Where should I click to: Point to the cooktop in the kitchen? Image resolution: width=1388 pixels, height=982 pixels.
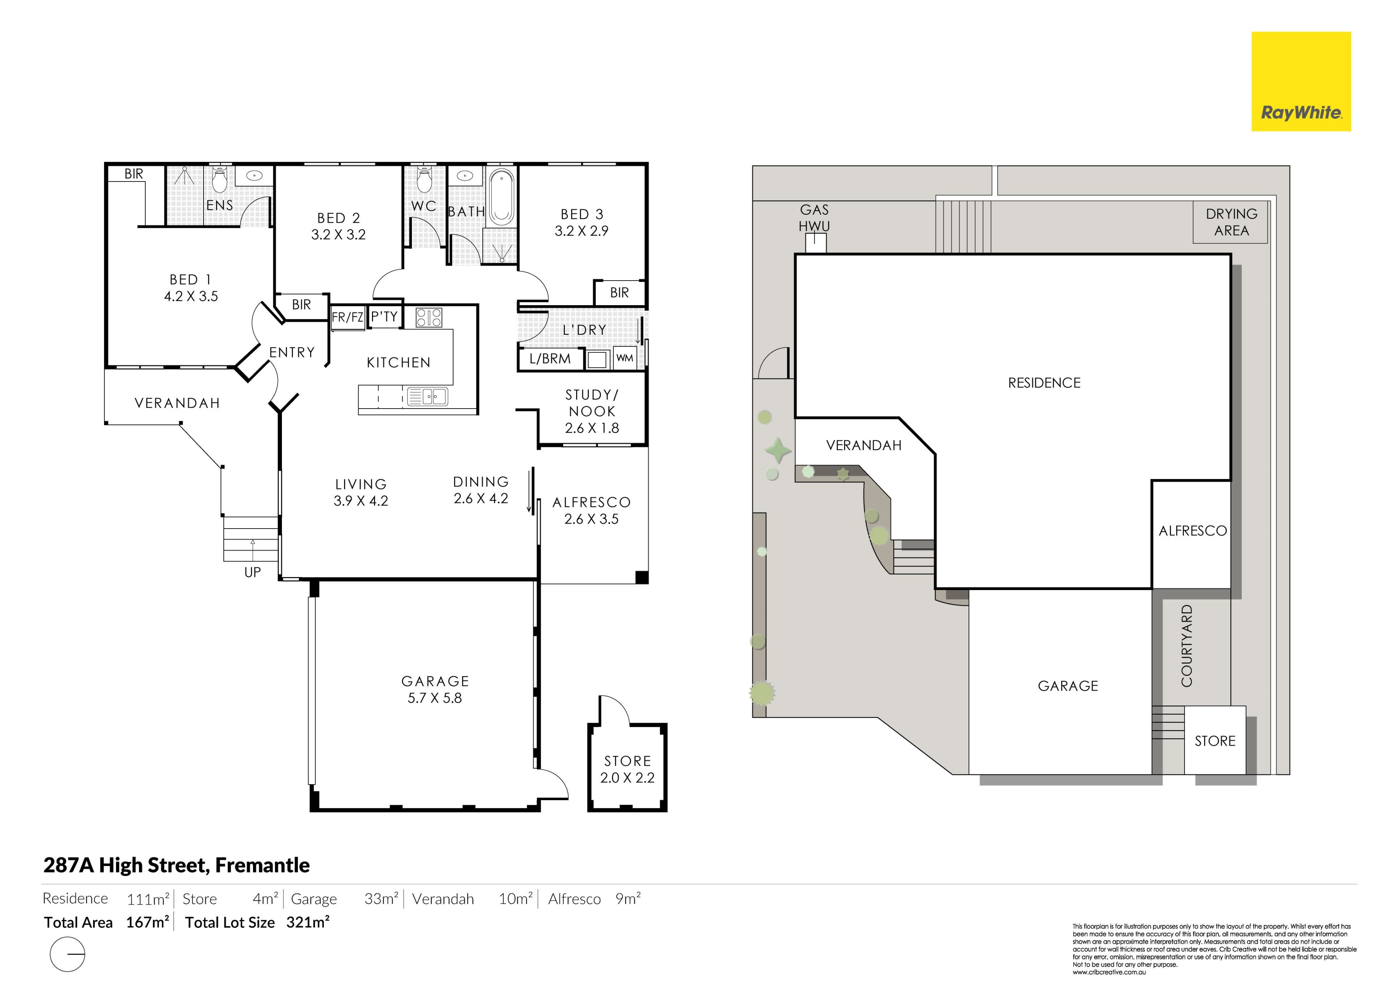(429, 317)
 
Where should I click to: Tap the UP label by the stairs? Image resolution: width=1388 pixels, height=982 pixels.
(253, 572)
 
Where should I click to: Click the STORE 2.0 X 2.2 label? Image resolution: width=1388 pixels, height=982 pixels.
(627, 769)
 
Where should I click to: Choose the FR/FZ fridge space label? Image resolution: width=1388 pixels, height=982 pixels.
(348, 316)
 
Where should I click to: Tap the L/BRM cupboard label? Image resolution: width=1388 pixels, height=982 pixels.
(550, 359)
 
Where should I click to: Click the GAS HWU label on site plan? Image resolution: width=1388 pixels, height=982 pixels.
(814, 218)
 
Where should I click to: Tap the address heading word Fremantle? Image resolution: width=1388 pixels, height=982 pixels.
(262, 865)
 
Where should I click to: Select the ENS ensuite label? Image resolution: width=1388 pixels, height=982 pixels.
(219, 205)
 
